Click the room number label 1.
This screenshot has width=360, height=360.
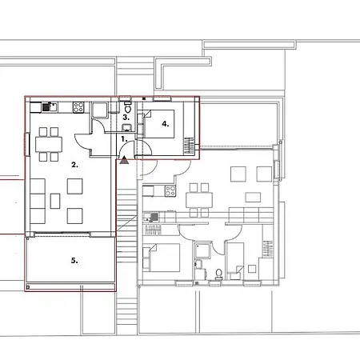point(124,139)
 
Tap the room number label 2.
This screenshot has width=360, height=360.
point(74,165)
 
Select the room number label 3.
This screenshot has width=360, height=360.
point(126,117)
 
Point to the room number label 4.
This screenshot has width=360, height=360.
point(166,124)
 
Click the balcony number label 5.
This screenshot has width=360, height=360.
point(74,261)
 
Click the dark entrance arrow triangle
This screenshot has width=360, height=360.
point(124,160)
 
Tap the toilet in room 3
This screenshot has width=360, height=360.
point(128,107)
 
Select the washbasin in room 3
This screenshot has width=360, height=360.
point(127,127)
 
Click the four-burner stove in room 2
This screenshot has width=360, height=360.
point(78,107)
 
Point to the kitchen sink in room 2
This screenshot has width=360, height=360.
point(50,107)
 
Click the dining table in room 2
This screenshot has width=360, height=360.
point(49,144)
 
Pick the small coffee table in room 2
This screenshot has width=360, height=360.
point(55,201)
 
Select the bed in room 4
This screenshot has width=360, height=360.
point(159,124)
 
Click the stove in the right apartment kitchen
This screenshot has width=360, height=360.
point(170,191)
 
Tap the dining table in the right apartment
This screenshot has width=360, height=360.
point(199,200)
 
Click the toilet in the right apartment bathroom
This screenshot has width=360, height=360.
point(218,274)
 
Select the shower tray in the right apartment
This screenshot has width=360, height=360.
point(203,250)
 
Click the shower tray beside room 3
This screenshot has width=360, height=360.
point(100,110)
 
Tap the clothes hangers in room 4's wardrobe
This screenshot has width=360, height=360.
point(190,146)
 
